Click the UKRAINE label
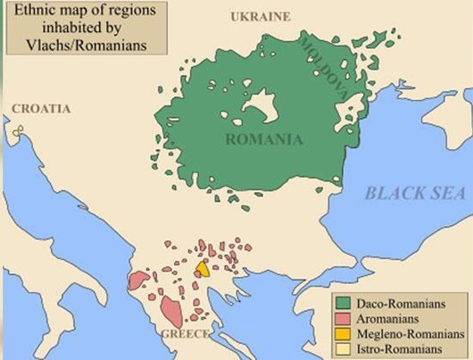point(261,16)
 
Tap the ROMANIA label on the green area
point(264,139)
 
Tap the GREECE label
point(186,333)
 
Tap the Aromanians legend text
point(383,318)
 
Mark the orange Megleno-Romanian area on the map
point(203,268)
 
